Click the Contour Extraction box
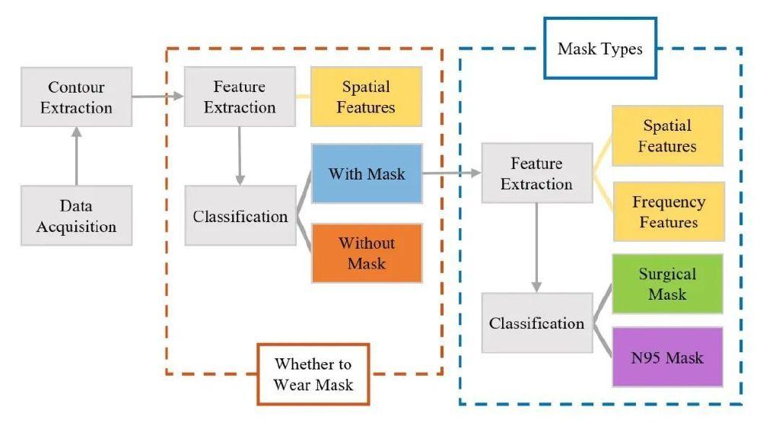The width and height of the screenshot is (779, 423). pos(76,97)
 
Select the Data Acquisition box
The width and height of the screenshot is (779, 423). pos(76,215)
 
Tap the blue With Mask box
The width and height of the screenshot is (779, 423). pos(366,173)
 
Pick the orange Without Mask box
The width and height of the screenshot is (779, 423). pos(366,253)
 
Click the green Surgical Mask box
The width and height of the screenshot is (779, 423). pos(666,284)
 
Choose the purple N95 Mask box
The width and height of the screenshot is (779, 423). pos(666,357)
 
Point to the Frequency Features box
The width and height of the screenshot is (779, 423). pos(667,212)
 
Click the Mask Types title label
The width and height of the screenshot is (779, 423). pos(599,49)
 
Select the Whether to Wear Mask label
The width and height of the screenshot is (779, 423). pos(313,374)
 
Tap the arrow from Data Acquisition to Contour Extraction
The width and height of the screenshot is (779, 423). pos(76,156)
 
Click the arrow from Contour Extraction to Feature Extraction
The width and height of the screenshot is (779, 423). pos(157,96)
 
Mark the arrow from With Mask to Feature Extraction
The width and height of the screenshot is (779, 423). pos(451,173)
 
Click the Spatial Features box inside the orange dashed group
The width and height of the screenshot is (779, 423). pos(366,97)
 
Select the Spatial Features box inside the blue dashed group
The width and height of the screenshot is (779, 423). pos(667,135)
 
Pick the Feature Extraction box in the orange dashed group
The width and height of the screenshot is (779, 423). pos(240,97)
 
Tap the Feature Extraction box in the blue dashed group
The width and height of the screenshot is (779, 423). pos(536,173)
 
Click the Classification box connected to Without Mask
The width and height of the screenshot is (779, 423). pos(240,216)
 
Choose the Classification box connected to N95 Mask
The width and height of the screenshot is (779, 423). pos(536,323)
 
